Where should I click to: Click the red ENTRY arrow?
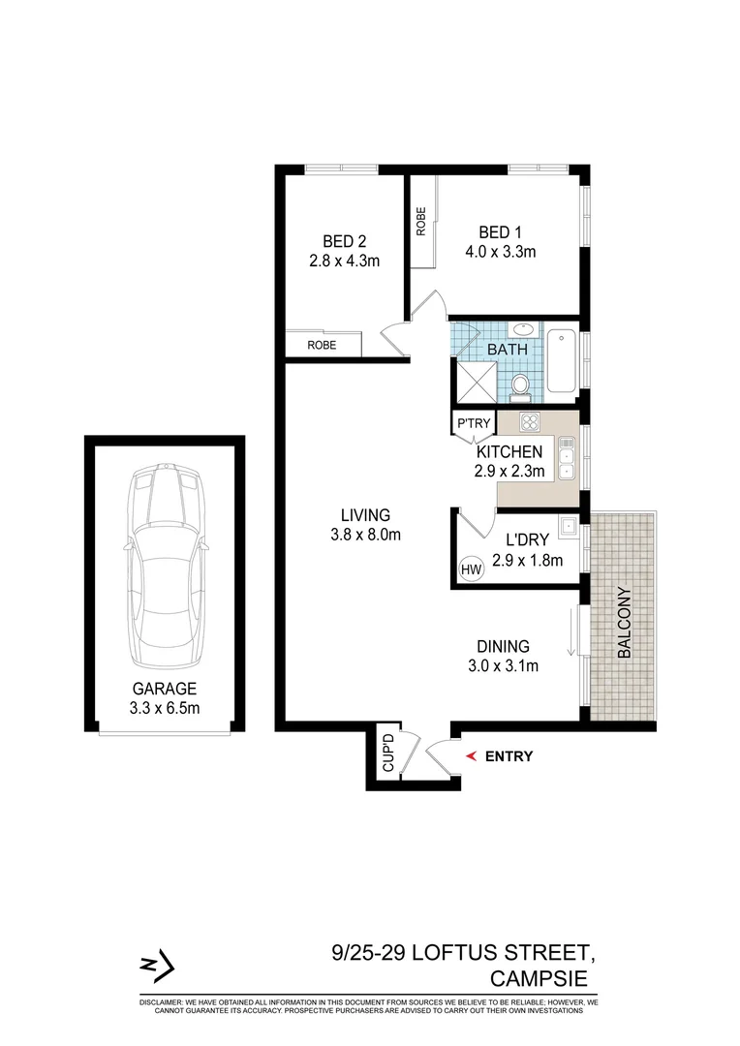tap(472, 756)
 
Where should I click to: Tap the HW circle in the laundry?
tap(472, 569)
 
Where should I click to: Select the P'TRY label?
tap(474, 423)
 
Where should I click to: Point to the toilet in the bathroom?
tap(520, 385)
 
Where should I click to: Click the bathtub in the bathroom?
tap(561, 362)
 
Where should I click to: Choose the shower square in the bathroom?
tap(476, 380)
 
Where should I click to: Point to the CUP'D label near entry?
tap(388, 754)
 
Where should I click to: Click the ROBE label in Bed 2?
tap(322, 344)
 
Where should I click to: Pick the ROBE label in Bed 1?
tap(420, 222)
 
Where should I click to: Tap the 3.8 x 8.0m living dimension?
tap(364, 534)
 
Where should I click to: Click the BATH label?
tap(507, 349)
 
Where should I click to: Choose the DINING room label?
tap(502, 646)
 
